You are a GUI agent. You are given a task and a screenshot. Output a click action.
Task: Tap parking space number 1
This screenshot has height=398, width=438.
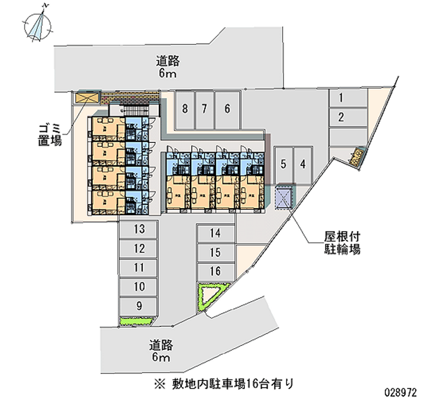coord(341,99)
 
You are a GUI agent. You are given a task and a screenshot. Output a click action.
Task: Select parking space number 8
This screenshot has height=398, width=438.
coord(185,108)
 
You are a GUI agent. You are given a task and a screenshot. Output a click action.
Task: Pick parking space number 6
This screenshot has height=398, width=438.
coord(227,108)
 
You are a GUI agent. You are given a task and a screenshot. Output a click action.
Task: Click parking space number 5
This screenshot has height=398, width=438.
coord(283,164)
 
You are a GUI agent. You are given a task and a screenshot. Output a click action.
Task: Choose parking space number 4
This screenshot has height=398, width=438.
coord(302,164)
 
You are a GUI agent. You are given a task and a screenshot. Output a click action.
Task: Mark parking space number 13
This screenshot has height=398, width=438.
coord(139,229)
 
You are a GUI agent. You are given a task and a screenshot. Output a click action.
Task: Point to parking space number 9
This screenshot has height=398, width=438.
coord(139,306)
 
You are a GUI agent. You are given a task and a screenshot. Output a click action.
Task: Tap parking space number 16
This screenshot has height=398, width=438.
coord(215,271)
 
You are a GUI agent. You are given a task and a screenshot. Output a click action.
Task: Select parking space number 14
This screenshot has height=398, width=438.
coord(215,234)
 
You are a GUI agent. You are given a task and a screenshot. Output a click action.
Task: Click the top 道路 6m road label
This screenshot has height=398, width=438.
coord(168,67)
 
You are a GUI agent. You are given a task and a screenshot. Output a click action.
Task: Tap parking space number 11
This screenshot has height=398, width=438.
coord(139,268)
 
